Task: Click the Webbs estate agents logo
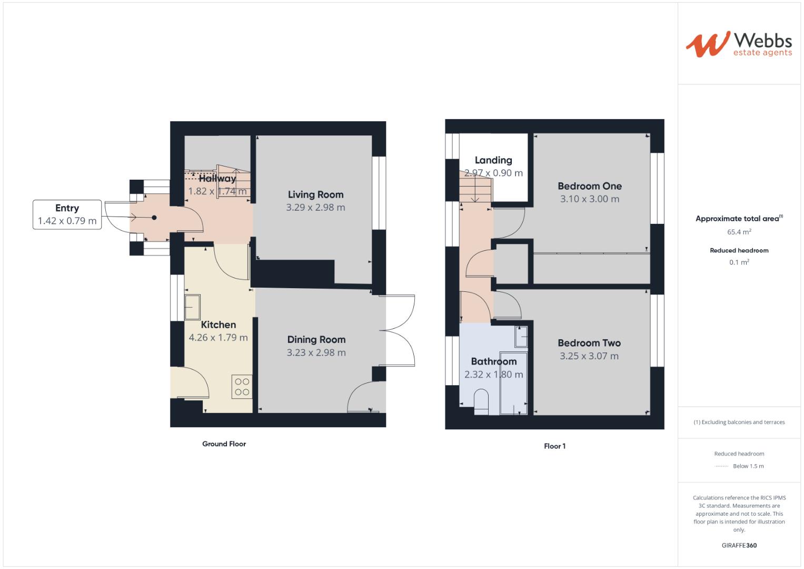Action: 739,44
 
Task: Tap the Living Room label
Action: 315,194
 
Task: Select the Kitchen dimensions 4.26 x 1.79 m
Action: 218,338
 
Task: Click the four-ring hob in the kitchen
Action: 242,386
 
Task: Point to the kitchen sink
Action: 192,307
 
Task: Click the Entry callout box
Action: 67,214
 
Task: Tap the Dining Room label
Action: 316,340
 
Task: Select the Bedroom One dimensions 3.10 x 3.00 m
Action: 589,199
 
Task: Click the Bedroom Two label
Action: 589,343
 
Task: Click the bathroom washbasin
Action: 521,337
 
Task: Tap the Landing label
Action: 493,160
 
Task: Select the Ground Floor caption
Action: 224,444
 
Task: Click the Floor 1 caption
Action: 554,446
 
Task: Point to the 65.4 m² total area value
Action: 739,232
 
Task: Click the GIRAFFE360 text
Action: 739,545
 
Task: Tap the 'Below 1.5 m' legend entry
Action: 748,466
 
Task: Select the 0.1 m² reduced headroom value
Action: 739,262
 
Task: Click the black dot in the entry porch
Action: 154,217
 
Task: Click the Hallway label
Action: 217,179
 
